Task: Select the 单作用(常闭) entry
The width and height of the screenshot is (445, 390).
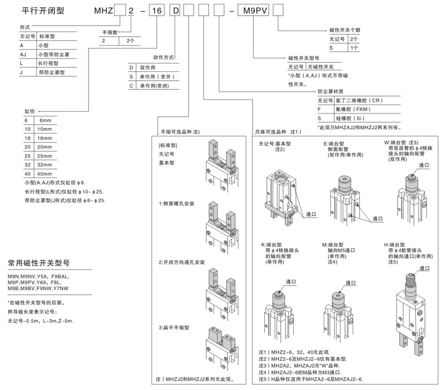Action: point(156,86)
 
